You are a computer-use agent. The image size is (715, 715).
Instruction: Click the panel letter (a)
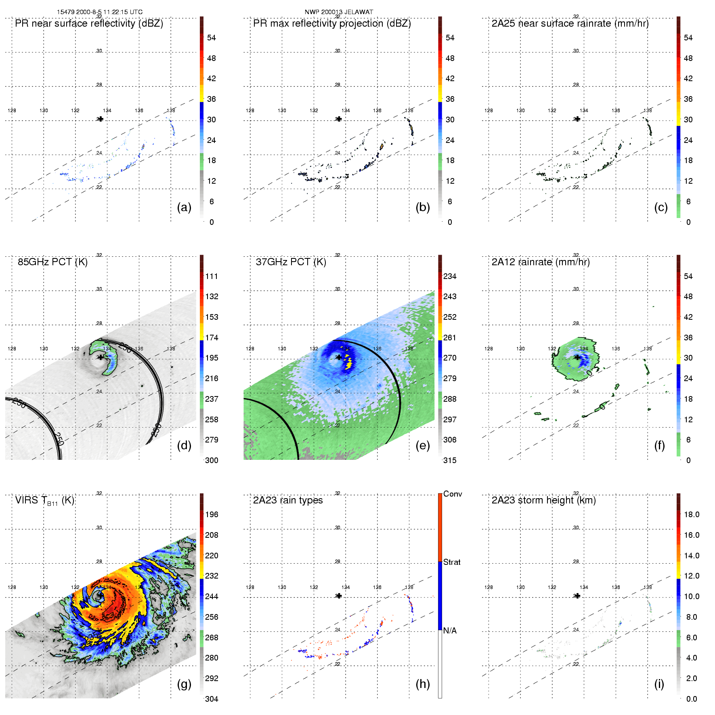[x=184, y=207]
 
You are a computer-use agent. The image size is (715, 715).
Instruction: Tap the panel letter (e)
[x=422, y=445]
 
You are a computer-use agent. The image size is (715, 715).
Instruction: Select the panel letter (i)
[x=659, y=684]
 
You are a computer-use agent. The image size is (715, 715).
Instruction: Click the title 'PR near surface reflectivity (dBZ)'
[x=89, y=23]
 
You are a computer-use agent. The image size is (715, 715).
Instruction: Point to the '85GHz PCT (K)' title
[x=52, y=262]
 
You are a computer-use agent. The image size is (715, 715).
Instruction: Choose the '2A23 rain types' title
[x=288, y=500]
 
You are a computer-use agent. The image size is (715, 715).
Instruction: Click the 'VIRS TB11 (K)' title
[x=44, y=501]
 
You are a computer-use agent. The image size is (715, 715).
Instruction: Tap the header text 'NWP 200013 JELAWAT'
[x=339, y=12]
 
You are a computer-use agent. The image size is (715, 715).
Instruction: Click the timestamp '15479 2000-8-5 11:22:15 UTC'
[x=100, y=12]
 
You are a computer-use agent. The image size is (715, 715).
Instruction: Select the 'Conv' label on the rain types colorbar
[x=453, y=494]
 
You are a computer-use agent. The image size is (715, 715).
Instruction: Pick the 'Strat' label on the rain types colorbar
[x=452, y=562]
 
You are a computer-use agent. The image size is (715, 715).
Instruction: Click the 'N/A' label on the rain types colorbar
[x=450, y=631]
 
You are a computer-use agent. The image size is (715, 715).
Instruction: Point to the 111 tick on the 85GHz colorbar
[x=212, y=276]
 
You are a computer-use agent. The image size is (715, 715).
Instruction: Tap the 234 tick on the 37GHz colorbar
[x=450, y=276]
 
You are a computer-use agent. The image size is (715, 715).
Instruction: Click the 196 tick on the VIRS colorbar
[x=212, y=514]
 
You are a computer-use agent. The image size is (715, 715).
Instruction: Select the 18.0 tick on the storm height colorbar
[x=691, y=514]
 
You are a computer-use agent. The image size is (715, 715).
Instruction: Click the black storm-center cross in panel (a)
[x=101, y=119]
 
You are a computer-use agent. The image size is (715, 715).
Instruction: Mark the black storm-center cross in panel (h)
[x=339, y=596]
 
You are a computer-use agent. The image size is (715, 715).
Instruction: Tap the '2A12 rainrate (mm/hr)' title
[x=541, y=262]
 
